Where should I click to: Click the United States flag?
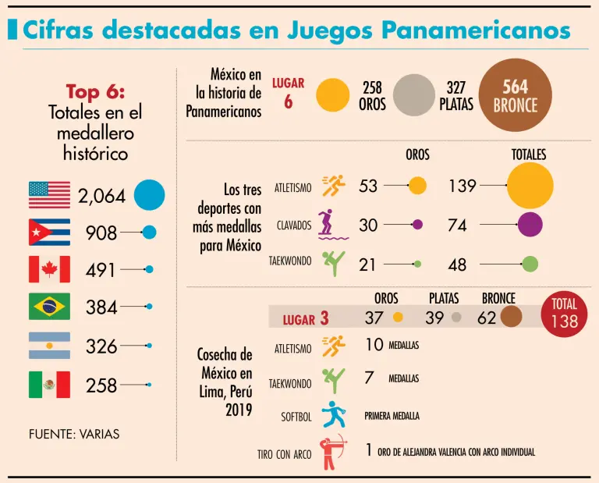tap(49, 195)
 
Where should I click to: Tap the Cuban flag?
tap(49, 232)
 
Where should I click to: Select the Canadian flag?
tap(49, 269)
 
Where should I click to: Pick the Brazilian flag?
tap(49, 307)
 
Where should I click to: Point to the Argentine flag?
tap(49, 345)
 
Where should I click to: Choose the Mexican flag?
tap(49, 384)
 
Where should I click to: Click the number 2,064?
tap(101, 196)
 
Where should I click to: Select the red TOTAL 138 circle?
tap(565, 314)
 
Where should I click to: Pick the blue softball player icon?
tap(334, 415)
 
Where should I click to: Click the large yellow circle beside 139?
tap(530, 186)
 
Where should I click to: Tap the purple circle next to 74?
tap(530, 225)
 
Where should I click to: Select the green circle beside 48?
tap(530, 264)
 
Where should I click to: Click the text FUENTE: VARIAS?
tap(74, 434)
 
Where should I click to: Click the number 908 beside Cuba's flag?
tap(101, 233)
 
